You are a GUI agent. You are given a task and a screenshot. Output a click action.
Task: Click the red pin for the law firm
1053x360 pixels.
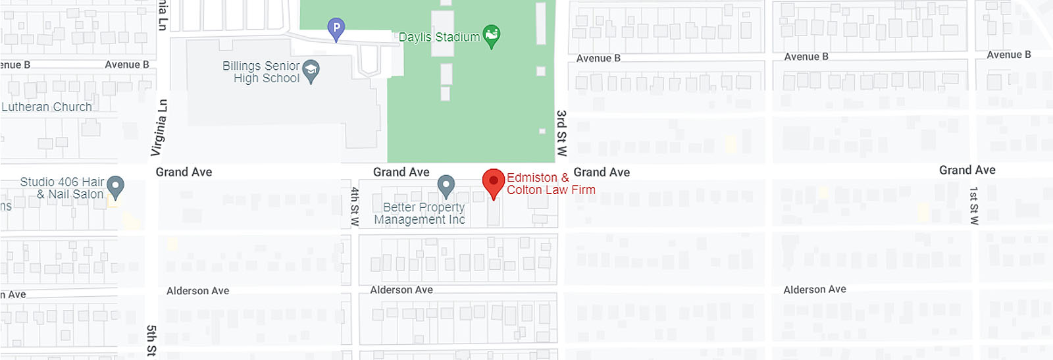[x=494, y=182]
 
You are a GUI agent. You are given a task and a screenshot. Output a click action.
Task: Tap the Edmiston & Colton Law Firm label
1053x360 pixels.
[x=550, y=184]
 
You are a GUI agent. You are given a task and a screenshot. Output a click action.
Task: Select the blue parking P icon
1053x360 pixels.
[x=336, y=28]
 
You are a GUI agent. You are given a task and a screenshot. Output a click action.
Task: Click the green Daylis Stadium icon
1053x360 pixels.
[x=491, y=36]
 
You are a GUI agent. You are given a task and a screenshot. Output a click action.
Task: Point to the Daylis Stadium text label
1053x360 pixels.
[x=439, y=38]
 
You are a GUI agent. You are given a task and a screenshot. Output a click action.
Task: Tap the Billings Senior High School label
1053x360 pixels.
[x=261, y=72]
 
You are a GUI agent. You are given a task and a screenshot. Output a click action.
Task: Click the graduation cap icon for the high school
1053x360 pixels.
[x=311, y=70]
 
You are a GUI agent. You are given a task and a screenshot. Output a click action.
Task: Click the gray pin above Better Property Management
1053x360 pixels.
[x=446, y=186]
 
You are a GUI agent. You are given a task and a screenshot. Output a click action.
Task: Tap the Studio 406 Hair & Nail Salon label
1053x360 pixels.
[x=63, y=188]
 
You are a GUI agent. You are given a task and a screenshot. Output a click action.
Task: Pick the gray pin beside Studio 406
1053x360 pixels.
[x=115, y=186]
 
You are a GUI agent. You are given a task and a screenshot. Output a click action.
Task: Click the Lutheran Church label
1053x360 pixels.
[x=47, y=107]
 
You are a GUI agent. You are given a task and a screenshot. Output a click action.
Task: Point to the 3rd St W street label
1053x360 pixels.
[x=561, y=133]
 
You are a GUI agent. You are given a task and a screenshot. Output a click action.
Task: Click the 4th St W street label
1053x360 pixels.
[x=355, y=207]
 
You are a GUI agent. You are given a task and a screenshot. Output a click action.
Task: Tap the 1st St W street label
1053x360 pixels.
[x=974, y=205]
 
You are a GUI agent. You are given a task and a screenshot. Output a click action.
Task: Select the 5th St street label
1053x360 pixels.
[x=151, y=340]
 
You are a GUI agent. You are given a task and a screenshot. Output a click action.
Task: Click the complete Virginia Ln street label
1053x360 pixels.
[x=159, y=128]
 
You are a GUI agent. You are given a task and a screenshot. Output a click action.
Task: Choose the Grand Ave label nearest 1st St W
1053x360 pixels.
[x=967, y=170]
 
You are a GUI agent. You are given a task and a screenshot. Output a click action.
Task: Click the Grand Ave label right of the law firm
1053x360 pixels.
[x=602, y=172]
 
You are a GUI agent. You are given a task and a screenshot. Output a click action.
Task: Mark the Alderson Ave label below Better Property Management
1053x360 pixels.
[x=401, y=290]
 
